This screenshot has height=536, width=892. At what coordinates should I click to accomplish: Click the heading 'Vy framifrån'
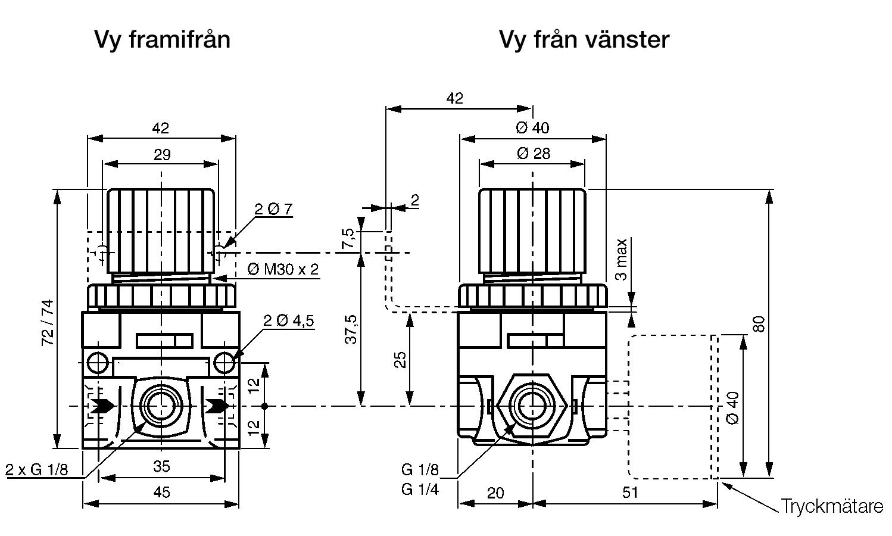[162, 39]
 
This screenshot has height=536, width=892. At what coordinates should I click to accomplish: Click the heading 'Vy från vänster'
[584, 39]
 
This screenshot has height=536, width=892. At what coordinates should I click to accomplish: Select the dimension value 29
[162, 155]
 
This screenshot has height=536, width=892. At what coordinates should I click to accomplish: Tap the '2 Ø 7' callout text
[273, 209]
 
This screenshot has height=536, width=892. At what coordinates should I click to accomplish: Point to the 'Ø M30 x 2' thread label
[283, 269]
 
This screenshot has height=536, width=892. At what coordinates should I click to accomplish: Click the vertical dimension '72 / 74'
[47, 322]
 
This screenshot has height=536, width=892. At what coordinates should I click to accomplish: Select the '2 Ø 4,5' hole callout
[289, 321]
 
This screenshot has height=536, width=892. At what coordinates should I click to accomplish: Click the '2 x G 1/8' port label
[37, 469]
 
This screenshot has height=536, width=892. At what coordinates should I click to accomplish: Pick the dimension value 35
[161, 466]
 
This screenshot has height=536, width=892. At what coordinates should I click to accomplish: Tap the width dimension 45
[161, 492]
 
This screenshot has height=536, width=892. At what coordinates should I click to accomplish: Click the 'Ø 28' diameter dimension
[534, 154]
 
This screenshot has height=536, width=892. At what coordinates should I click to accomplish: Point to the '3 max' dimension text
[621, 259]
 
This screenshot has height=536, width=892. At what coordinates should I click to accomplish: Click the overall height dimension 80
[758, 325]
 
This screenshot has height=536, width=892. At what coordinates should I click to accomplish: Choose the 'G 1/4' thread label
[420, 490]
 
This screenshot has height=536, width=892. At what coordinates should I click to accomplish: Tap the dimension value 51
[629, 492]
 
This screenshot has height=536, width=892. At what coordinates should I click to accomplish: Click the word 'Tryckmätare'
[832, 507]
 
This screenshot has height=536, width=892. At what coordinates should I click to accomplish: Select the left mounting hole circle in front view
[96, 362]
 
